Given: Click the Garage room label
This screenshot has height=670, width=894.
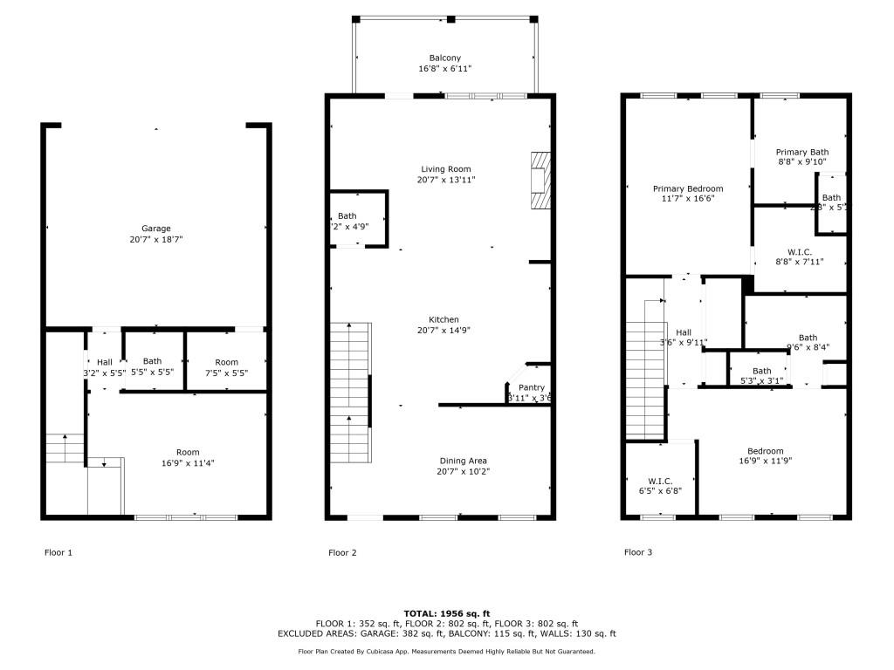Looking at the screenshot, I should pyautogui.click(x=156, y=229).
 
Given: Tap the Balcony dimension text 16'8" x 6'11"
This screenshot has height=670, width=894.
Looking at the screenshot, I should pyautogui.click(x=445, y=68).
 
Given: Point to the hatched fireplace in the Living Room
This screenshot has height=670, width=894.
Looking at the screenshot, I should pyautogui.click(x=541, y=181).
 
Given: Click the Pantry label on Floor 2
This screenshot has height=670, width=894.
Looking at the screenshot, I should pyautogui.click(x=531, y=387).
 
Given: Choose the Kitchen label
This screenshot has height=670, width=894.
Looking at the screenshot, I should pyautogui.click(x=444, y=319).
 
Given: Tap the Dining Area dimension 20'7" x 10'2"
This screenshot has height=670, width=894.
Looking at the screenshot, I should pyautogui.click(x=464, y=472).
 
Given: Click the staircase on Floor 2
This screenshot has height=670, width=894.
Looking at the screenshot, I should pyautogui.click(x=350, y=393).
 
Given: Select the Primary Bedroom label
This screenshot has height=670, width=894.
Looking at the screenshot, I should pyautogui.click(x=688, y=188).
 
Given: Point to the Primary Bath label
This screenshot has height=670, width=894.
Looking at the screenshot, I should pyautogui.click(x=802, y=152).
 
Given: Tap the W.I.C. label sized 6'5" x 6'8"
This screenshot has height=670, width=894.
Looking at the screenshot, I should pyautogui.click(x=659, y=480).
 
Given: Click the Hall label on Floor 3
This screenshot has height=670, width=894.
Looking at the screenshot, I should pyautogui.click(x=684, y=332).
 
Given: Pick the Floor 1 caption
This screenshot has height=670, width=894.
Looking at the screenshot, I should pyautogui.click(x=58, y=552).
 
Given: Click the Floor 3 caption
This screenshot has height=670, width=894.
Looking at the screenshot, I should pyautogui.click(x=638, y=552).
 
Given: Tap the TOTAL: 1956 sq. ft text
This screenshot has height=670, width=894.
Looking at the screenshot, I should pyautogui.click(x=447, y=613).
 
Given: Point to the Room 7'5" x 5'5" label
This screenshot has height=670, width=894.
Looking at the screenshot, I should pyautogui.click(x=226, y=362).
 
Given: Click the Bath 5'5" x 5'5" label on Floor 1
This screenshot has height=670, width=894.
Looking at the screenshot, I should pyautogui.click(x=152, y=361).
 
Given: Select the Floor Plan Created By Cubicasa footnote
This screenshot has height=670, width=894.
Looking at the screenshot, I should pyautogui.click(x=447, y=651).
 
